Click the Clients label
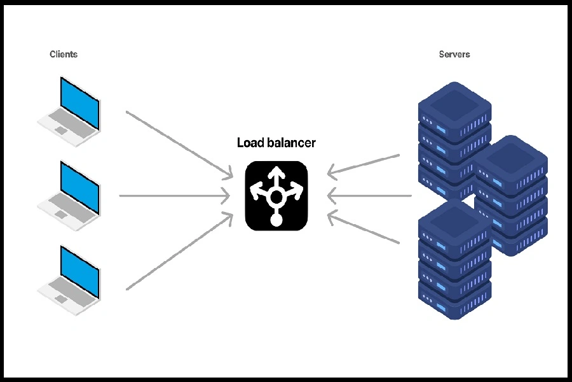[64, 55]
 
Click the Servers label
[454, 55]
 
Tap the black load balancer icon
[276, 195]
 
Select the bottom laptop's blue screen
[79, 271]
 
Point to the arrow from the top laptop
[178, 143]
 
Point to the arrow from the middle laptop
[175, 195]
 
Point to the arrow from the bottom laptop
[178, 251]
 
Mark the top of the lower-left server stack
[454, 223]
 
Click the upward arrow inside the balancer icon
[276, 175]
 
